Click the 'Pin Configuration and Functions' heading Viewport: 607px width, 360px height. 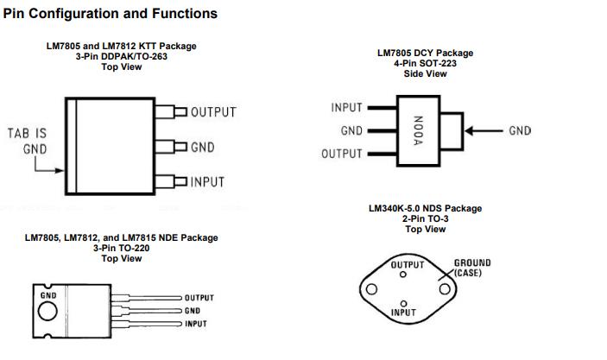110,14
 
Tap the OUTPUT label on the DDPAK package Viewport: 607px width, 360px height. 212,112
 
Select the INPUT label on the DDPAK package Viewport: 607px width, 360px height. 207,181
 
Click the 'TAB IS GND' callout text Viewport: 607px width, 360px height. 27,141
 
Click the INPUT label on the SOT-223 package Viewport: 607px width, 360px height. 346,108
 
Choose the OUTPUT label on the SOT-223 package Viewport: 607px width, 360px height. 342,155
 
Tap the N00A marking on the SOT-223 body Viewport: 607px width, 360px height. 416,131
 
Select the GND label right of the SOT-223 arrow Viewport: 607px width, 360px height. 520,131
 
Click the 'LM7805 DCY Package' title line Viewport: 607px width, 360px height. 425,54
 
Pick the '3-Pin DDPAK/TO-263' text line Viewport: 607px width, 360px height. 121,56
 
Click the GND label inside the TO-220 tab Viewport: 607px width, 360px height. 48,295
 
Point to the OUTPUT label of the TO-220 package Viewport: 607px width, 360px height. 199,298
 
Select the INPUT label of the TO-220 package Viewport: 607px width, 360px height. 195,324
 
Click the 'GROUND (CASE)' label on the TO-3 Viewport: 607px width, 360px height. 471,268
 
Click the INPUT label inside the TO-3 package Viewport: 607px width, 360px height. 403,313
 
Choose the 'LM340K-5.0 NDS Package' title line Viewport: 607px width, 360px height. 425,208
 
